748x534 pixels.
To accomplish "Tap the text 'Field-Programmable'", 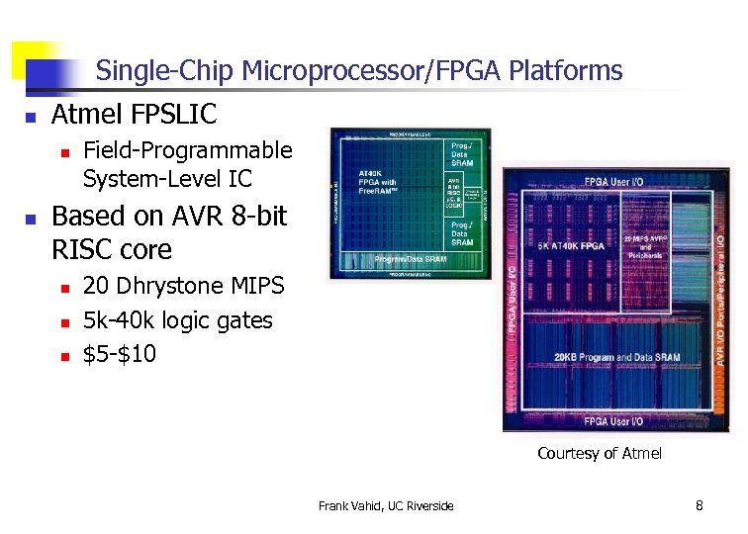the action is [188, 150].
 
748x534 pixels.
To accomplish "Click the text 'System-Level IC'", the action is [167, 179].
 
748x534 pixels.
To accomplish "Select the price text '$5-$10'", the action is [120, 354].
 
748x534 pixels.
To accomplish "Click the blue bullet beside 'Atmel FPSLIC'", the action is [31, 118].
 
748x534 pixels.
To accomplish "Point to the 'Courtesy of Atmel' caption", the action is [600, 454].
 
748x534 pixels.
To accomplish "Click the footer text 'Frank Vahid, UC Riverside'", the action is [386, 506].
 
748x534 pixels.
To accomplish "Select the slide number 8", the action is [700, 506].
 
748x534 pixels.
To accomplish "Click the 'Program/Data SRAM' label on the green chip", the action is [410, 259].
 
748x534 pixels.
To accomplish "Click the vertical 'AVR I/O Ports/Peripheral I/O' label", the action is [720, 298].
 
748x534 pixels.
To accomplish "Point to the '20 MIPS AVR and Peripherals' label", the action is [644, 246].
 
